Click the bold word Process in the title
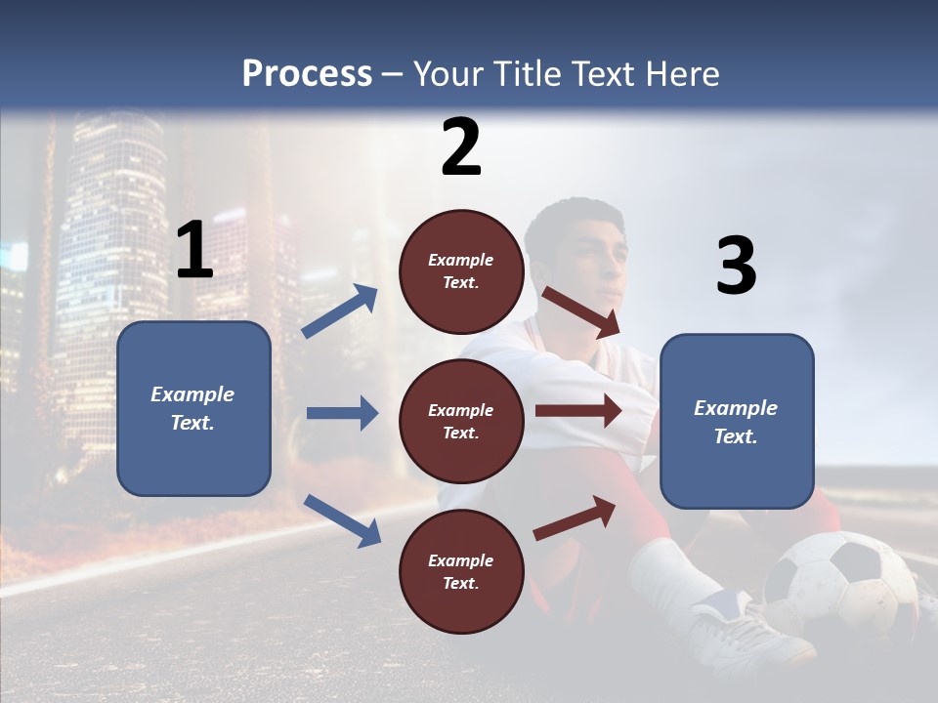pos(307,74)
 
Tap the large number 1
pos(194,250)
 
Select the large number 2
pos(461,146)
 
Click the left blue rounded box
pos(193,408)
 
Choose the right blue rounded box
pos(737,421)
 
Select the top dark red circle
pos(461,271)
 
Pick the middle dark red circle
pos(461,421)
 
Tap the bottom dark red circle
pos(461,571)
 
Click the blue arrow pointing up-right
pos(340,311)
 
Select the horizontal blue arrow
pos(342,413)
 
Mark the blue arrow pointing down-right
pos(342,519)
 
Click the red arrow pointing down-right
pos(581,311)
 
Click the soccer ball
pos(840,586)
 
